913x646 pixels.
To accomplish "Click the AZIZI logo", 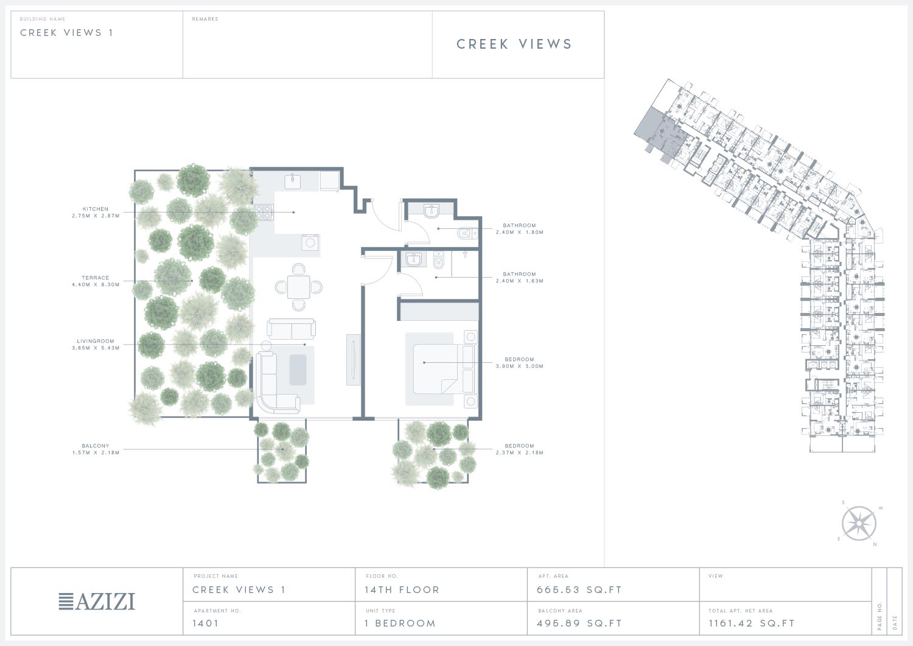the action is (97, 602).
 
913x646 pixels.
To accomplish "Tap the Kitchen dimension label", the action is (96, 212).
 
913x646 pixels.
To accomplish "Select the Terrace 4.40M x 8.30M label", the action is (96, 281).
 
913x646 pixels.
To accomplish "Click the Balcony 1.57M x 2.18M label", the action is (96, 449).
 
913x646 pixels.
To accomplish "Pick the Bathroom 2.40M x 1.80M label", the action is (520, 229).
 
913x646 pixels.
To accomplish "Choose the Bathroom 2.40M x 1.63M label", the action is (520, 277).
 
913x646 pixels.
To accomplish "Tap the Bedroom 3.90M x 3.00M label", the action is (520, 362).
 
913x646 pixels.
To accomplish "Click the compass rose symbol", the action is (859, 524).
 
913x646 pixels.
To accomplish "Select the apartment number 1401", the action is (206, 623).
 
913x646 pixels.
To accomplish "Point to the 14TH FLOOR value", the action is (402, 590).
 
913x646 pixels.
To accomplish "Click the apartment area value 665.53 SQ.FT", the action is (579, 590).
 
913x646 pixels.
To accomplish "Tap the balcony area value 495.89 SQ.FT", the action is (579, 623).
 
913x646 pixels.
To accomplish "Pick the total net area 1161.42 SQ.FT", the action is (752, 623).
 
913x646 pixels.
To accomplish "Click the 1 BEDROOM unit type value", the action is (401, 623).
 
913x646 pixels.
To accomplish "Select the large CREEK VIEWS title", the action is (514, 44).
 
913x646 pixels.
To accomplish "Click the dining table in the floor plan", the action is (299, 287).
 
